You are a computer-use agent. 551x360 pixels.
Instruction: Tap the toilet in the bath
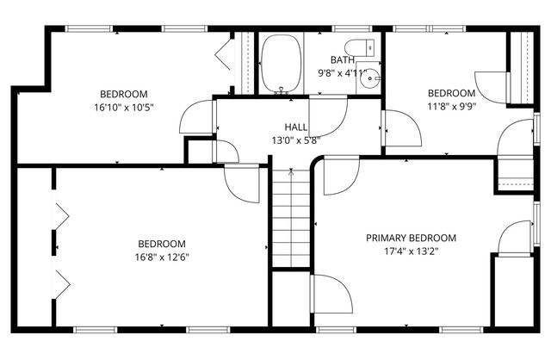point(356,47)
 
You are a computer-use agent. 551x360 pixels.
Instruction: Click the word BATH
point(343,60)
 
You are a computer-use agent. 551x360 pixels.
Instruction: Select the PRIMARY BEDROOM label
point(411,238)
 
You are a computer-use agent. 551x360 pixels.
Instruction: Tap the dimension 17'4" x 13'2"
point(411,252)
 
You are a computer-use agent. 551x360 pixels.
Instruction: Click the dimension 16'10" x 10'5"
point(124,108)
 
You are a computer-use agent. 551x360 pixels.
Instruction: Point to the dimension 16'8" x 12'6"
point(161,257)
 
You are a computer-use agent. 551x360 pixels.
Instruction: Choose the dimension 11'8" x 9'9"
point(452,107)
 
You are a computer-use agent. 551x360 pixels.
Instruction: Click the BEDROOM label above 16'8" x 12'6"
point(161,243)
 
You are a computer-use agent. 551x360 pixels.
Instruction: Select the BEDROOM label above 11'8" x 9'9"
point(452,93)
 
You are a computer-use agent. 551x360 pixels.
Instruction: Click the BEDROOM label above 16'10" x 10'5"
point(124,94)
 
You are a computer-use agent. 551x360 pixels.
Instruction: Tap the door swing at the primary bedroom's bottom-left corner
point(332,295)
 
